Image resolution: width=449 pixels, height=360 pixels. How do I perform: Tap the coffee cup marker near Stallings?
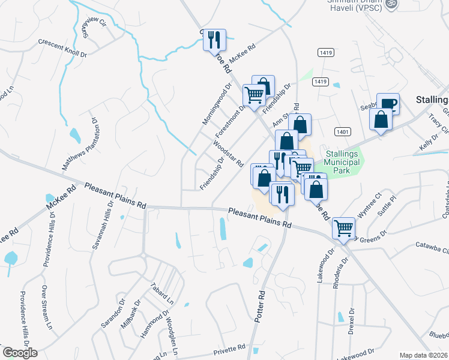pyautogui.click(x=388, y=104)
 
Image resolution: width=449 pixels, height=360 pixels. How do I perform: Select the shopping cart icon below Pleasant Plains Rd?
pyautogui.click(x=343, y=227)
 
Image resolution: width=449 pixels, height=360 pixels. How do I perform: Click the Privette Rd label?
pyautogui.click(x=229, y=348)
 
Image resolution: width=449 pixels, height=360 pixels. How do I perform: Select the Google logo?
pyautogui.click(x=20, y=352)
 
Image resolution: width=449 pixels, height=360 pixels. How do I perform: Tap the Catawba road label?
pyautogui.click(x=432, y=245)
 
